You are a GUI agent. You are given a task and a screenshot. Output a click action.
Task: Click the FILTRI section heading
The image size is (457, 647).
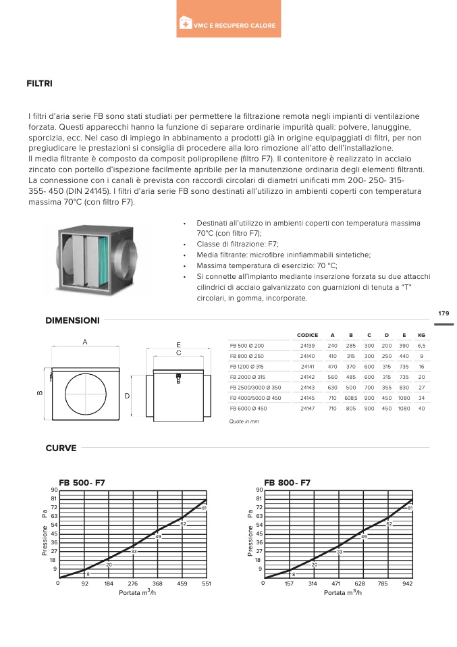(40, 84)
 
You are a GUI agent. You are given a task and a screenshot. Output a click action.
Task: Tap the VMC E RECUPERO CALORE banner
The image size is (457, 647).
(229, 24)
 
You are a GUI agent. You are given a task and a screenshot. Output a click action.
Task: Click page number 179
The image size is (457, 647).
(443, 313)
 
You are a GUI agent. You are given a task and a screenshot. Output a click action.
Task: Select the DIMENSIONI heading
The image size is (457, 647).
(73, 320)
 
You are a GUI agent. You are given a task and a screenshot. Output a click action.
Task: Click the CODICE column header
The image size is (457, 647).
(307, 335)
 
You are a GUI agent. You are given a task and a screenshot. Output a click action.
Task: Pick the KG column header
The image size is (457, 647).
(421, 335)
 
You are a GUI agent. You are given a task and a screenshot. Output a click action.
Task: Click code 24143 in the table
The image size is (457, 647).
(307, 388)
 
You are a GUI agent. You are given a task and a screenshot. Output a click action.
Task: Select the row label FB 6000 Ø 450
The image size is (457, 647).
(248, 409)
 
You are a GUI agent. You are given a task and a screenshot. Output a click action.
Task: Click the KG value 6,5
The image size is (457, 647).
(421, 345)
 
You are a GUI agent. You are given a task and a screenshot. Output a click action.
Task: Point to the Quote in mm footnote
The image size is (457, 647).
(244, 421)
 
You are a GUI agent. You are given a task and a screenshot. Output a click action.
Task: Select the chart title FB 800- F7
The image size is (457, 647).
(287, 482)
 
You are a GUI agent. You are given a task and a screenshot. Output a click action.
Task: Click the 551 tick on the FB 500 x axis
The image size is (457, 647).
(207, 583)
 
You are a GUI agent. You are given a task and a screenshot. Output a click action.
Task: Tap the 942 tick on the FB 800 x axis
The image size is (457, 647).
(407, 583)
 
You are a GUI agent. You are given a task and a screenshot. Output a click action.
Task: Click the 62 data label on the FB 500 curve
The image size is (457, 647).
(183, 524)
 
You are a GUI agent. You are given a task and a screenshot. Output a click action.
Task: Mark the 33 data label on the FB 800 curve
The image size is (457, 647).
(340, 552)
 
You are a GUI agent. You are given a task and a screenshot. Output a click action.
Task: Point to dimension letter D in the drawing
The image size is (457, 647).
(128, 395)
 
